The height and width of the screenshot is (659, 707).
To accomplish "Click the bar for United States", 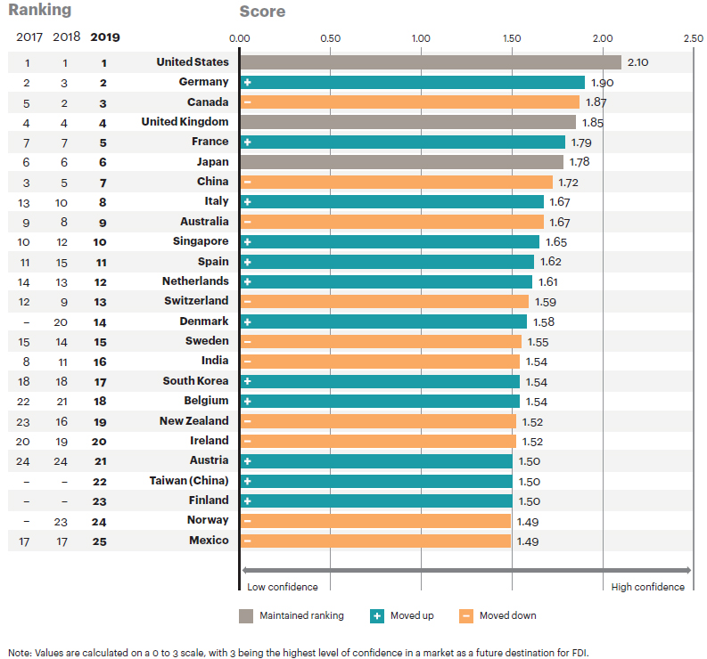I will (430, 62).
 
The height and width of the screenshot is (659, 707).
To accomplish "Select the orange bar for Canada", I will (409, 102).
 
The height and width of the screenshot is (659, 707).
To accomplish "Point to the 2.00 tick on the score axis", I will (603, 38).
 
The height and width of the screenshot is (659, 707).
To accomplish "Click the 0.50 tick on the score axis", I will (330, 38).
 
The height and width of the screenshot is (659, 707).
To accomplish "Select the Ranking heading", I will (40, 11).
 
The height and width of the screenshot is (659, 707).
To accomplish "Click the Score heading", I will (262, 12).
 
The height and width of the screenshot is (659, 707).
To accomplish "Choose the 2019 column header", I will (104, 38).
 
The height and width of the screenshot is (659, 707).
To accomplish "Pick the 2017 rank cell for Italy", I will (27, 202).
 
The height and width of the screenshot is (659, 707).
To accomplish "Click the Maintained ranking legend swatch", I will (246, 615).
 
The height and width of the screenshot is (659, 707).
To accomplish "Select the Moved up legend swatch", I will (377, 615).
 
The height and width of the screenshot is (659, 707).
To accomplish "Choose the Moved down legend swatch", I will (465, 615).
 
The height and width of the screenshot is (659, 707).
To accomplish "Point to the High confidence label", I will (647, 587).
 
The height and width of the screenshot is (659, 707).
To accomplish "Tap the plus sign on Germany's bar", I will (247, 83).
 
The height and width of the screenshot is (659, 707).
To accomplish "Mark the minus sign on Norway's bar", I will (247, 521).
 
